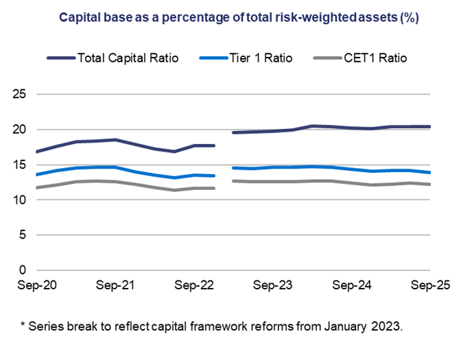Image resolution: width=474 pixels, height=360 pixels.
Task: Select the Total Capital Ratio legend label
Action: (x=128, y=58)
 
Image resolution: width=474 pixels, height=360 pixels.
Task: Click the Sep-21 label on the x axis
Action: (x=115, y=286)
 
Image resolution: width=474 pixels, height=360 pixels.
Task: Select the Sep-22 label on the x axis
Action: (x=193, y=286)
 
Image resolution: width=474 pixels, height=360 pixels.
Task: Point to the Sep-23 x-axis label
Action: (x=272, y=286)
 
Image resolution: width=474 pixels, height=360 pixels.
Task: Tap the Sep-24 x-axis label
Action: (x=351, y=286)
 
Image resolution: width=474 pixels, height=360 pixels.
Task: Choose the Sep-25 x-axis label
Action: (x=429, y=286)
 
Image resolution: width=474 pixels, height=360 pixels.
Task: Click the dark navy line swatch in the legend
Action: (x=60, y=58)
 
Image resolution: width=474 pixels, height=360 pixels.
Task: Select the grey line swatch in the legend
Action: (x=325, y=58)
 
